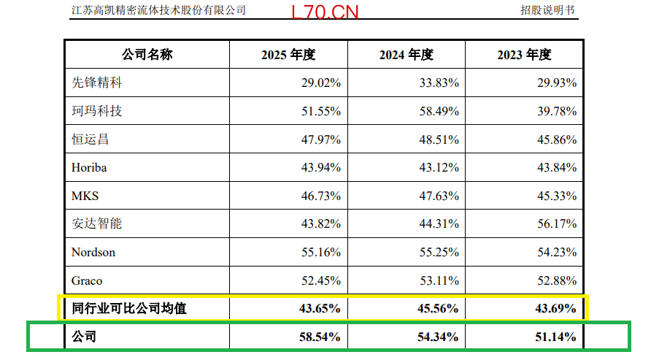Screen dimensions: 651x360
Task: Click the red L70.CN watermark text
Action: (x=325, y=12)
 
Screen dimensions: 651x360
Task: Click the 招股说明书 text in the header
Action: (x=547, y=10)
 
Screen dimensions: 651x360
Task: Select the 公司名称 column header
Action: (x=147, y=54)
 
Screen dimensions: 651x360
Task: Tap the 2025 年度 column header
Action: (x=288, y=54)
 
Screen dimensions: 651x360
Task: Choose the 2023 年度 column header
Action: (x=524, y=54)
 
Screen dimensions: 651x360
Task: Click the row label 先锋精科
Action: (x=97, y=83)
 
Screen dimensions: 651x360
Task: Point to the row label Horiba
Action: (x=89, y=167)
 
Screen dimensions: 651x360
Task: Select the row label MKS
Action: (x=85, y=196)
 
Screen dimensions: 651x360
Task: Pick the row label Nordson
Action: (x=93, y=252)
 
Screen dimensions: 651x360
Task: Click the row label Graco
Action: (x=87, y=280)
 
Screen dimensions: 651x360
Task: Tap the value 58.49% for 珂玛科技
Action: (x=439, y=111)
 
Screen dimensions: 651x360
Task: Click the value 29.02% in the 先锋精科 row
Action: (x=321, y=83)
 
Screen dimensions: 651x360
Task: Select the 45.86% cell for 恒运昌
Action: (x=557, y=139)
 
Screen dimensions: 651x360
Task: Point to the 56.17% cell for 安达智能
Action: (x=557, y=223)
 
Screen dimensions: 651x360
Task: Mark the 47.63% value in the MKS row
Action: (x=439, y=196)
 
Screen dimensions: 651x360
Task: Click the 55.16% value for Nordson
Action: (x=321, y=252)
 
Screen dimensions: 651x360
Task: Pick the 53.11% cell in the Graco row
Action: (x=439, y=280)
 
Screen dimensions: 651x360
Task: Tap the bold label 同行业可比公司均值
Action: (x=129, y=308)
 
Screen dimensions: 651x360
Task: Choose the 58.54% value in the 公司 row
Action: (x=320, y=337)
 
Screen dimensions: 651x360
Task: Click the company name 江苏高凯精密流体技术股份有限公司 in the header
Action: (x=158, y=10)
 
